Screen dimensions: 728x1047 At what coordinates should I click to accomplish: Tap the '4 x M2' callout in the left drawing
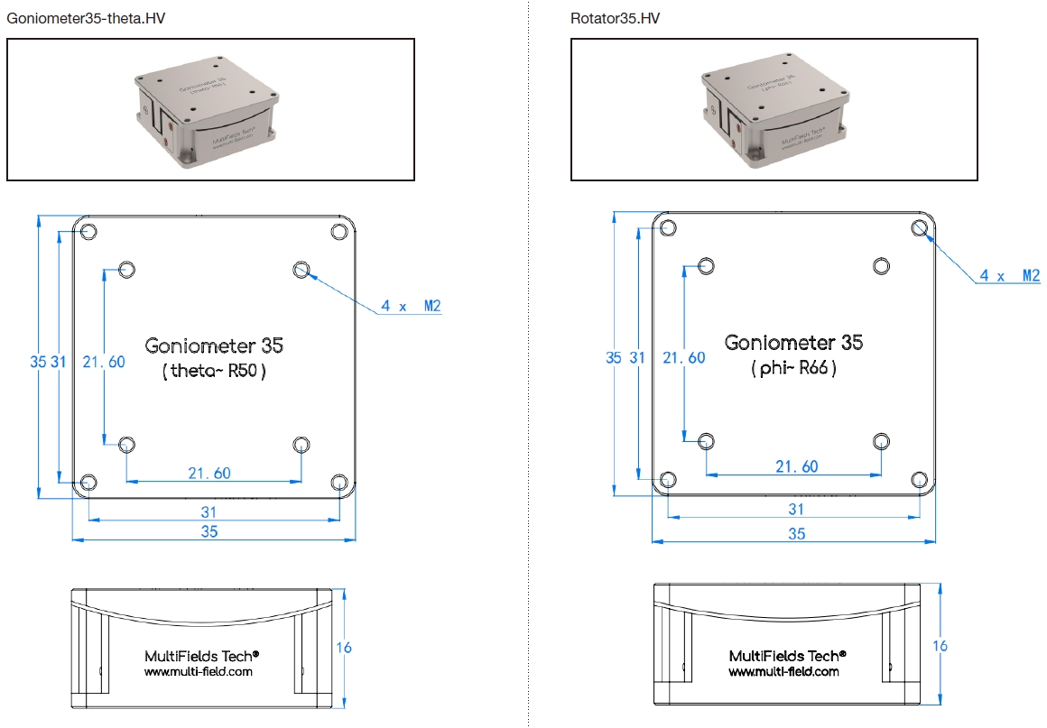(411, 306)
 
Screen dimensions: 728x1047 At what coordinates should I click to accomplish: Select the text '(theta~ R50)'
(214, 371)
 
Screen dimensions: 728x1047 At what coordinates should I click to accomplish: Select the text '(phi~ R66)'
(793, 368)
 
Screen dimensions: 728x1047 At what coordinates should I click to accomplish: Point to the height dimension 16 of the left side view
(343, 648)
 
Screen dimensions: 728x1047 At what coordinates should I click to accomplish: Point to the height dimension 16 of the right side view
(940, 646)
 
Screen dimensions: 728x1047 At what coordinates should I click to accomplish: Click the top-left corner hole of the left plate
(88, 232)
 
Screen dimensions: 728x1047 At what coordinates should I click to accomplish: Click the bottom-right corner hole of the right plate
(920, 479)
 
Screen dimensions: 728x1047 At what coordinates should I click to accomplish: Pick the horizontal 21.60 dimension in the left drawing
(208, 473)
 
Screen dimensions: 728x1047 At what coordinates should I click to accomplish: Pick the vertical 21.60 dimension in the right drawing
(683, 358)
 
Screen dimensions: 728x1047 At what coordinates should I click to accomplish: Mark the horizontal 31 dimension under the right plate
(795, 510)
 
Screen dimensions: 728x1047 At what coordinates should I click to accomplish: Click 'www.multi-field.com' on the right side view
(783, 671)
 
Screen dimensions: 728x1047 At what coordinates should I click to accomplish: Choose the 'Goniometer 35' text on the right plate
(793, 343)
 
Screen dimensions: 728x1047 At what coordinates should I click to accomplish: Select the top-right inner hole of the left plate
(301, 269)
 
